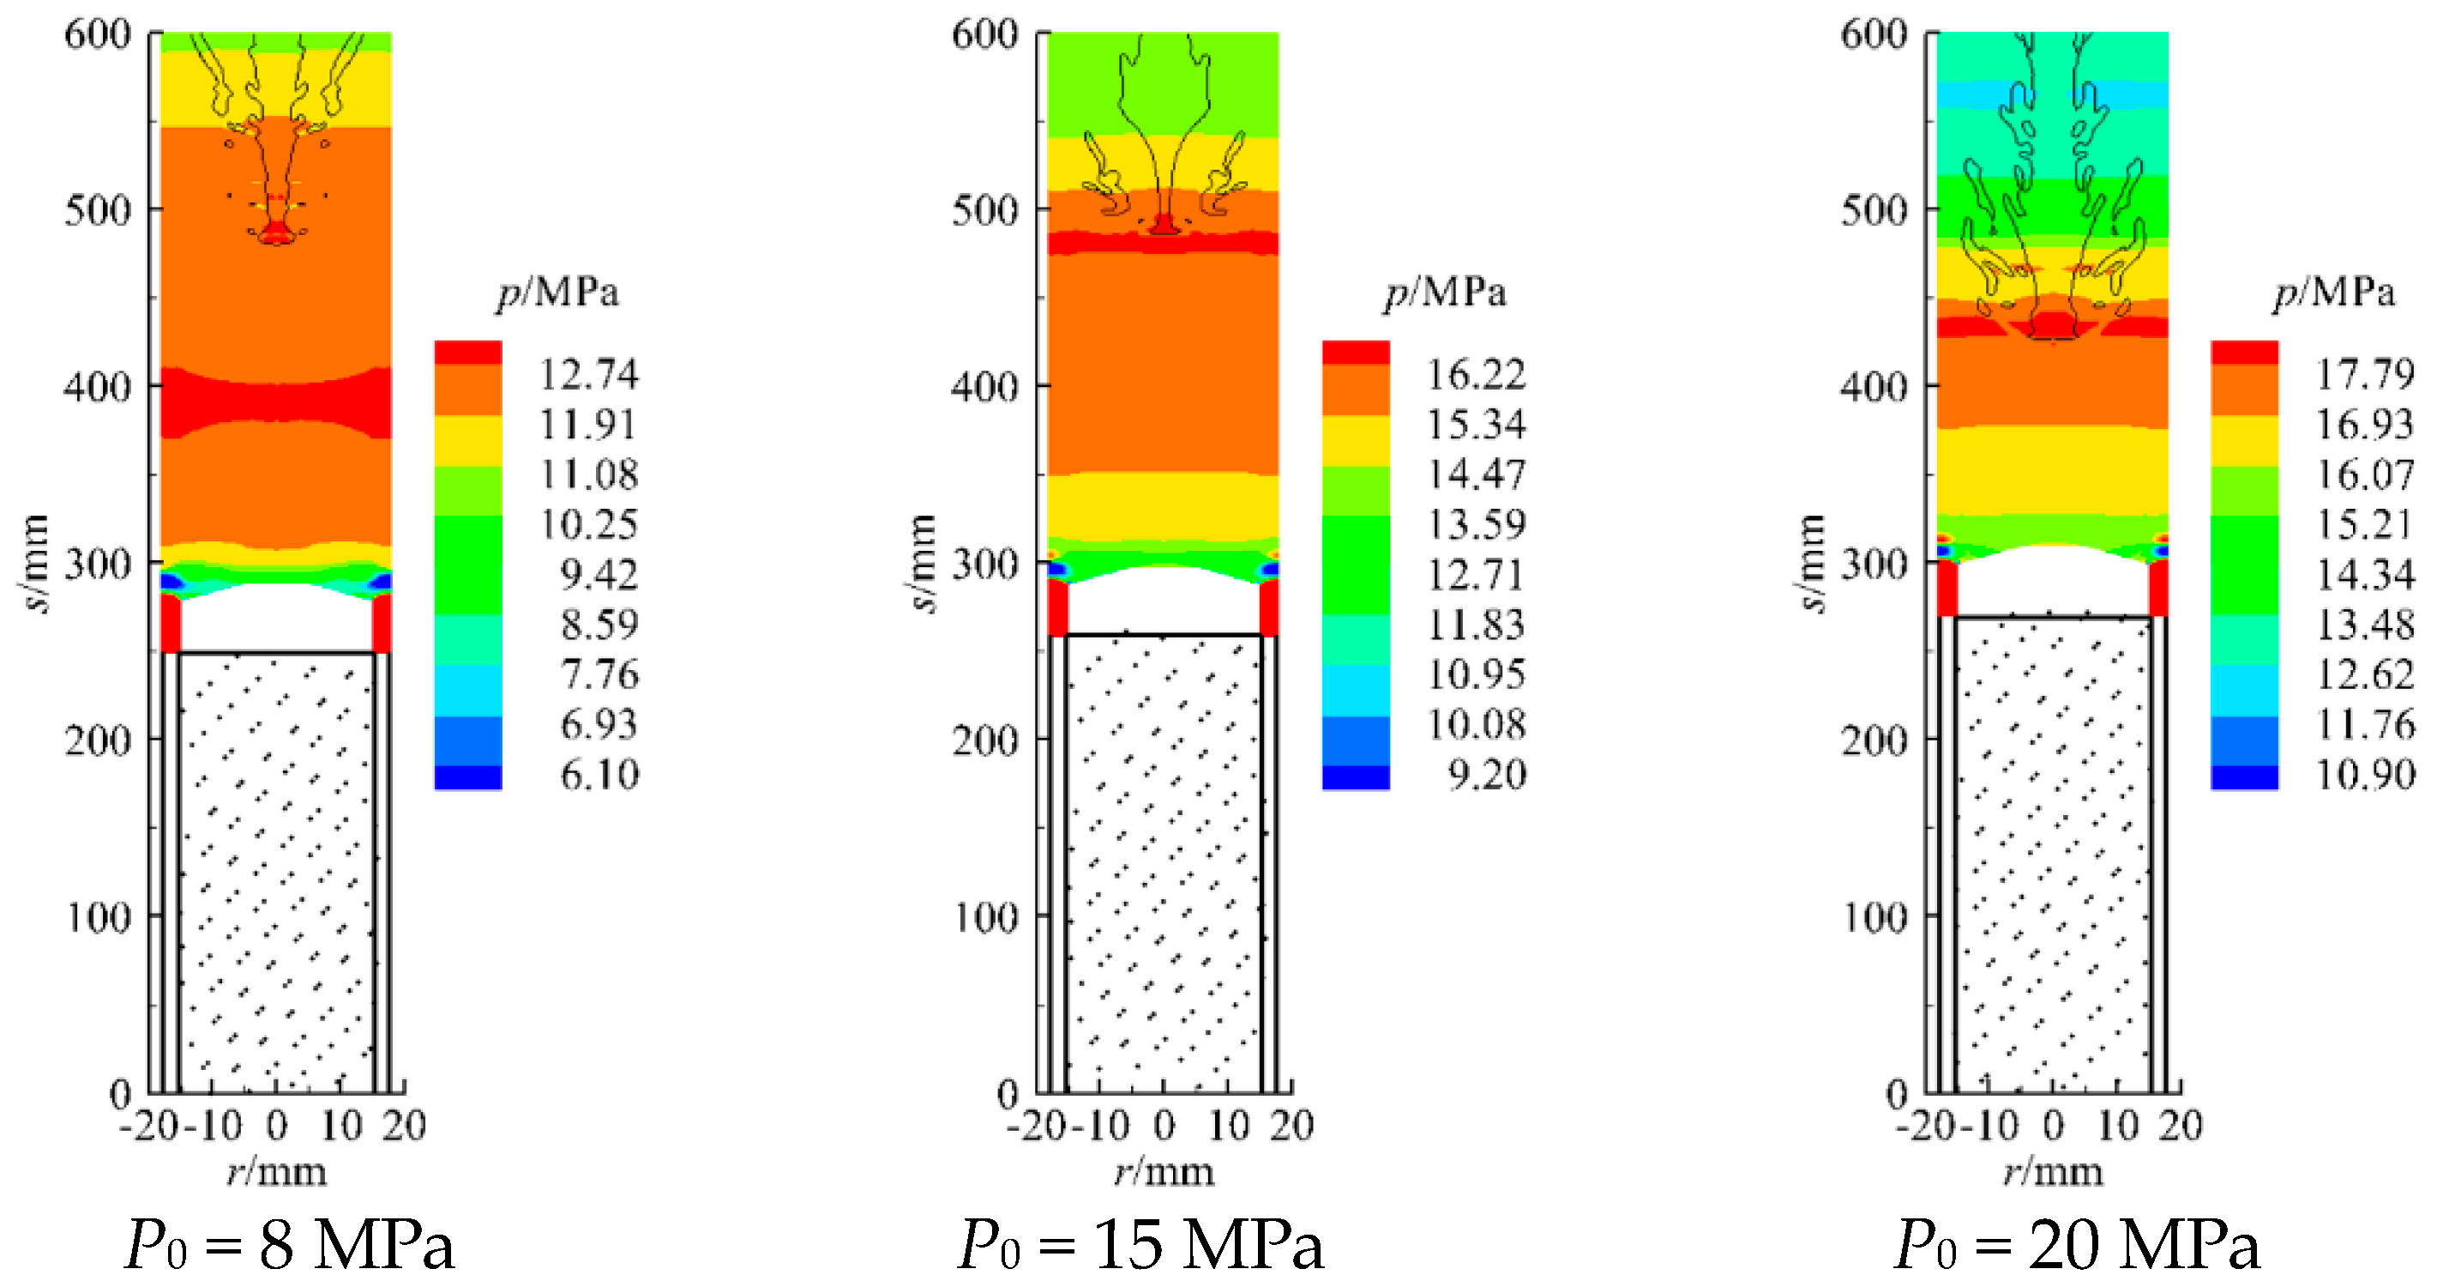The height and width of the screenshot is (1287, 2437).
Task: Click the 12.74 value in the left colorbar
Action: pyautogui.click(x=588, y=375)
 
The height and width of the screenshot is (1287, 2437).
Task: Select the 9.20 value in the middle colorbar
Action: pyautogui.click(x=1487, y=775)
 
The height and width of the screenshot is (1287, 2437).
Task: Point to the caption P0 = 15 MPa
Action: pyautogui.click(x=1140, y=1244)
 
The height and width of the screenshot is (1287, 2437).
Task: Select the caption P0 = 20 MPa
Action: pyautogui.click(x=2077, y=1244)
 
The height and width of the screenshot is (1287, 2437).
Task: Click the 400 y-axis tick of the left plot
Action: pyautogui.click(x=98, y=386)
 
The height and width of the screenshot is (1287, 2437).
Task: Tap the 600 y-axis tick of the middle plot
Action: pyautogui.click(x=984, y=34)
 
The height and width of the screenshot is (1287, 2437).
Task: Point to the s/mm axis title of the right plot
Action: pyautogui.click(x=1808, y=563)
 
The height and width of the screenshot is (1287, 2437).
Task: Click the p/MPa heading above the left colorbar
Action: pyautogui.click(x=558, y=292)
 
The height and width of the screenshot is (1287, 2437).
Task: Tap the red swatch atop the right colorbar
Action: pyautogui.click(x=2244, y=352)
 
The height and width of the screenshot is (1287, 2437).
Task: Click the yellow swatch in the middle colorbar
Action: pyautogui.click(x=1356, y=440)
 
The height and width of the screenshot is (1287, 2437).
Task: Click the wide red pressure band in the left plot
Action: pyautogui.click(x=275, y=402)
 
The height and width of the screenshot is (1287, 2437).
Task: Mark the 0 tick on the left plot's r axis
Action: pyautogui.click(x=275, y=1126)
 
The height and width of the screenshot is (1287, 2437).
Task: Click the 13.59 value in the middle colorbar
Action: pyautogui.click(x=1476, y=524)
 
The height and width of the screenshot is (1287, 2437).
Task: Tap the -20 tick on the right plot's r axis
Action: pyautogui.click(x=1925, y=1126)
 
